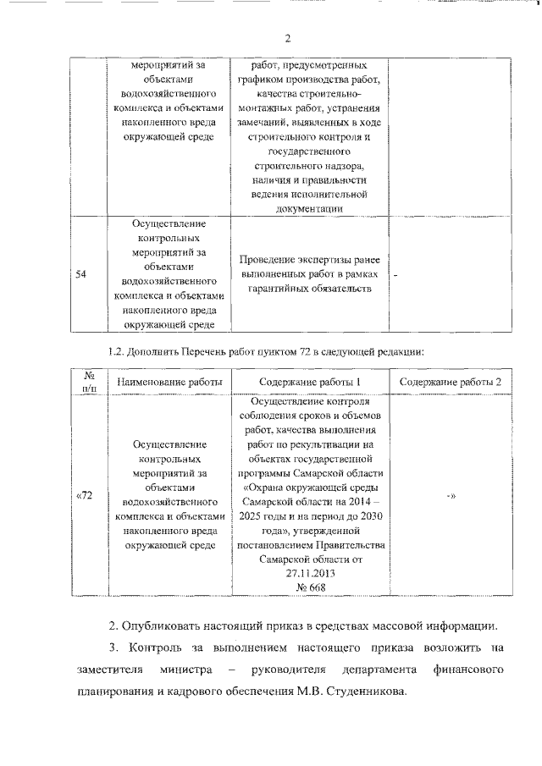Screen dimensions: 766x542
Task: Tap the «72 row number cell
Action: (x=84, y=495)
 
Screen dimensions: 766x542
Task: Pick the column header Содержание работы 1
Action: (x=310, y=383)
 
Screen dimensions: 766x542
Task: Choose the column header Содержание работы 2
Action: (x=451, y=383)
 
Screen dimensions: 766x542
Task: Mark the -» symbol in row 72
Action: (x=451, y=496)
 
